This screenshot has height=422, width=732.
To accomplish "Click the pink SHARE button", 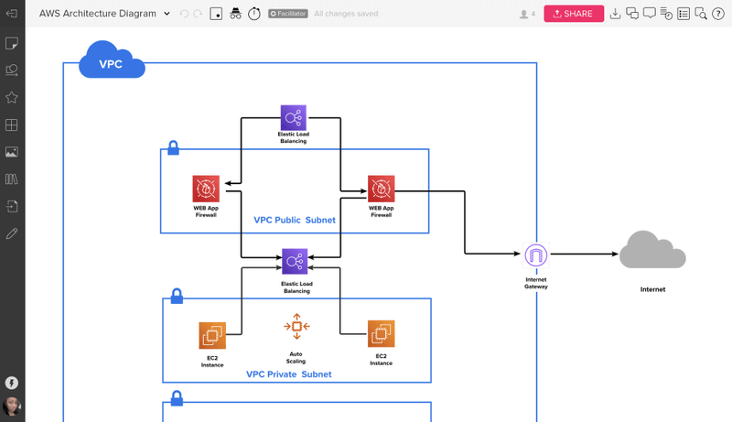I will point(574,14).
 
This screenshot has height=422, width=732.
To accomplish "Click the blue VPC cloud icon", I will point(112,63).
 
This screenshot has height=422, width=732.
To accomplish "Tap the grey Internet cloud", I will point(652,250).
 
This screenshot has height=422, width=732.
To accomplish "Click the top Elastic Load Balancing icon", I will point(293,117).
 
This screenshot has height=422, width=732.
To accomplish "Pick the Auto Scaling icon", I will point(296,326).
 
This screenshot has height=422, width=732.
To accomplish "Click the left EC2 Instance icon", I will point(212,334).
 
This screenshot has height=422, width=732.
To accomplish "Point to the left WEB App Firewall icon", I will point(206,189).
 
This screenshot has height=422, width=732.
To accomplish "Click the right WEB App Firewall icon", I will point(381,189).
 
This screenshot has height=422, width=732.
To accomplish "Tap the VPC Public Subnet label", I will point(295,221).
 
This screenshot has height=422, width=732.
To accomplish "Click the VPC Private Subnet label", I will point(289,374).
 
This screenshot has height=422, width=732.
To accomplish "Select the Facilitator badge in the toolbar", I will point(287,14).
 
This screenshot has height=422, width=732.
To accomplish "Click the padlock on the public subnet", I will point(173,148).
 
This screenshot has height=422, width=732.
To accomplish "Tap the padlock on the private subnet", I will point(177,297).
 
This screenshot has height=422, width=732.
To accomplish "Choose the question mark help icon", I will point(719,14).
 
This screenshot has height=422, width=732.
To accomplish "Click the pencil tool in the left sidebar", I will point(12,233).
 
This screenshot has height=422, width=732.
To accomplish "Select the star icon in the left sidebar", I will point(12,97).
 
